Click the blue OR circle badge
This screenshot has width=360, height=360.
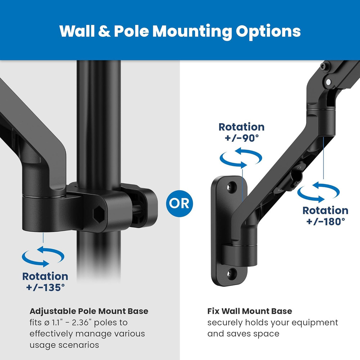pyautogui.click(x=180, y=203)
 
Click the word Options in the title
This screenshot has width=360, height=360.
pyautogui.click(x=268, y=31)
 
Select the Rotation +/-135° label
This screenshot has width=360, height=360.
pyautogui.click(x=45, y=282)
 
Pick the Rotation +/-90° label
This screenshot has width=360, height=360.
pyautogui.click(x=242, y=132)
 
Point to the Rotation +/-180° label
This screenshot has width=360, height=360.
pyautogui.click(x=325, y=216)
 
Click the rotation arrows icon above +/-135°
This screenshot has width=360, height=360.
pyautogui.click(x=43, y=257)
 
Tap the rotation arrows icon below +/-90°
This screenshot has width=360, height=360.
pyautogui.click(x=240, y=159)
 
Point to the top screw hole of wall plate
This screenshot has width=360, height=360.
pyautogui.click(x=231, y=186)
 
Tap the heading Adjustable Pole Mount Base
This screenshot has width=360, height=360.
pyautogui.click(x=89, y=311)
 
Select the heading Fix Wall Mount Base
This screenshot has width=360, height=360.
pyautogui.click(x=249, y=311)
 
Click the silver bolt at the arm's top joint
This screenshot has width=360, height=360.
pyautogui.click(x=328, y=82)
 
